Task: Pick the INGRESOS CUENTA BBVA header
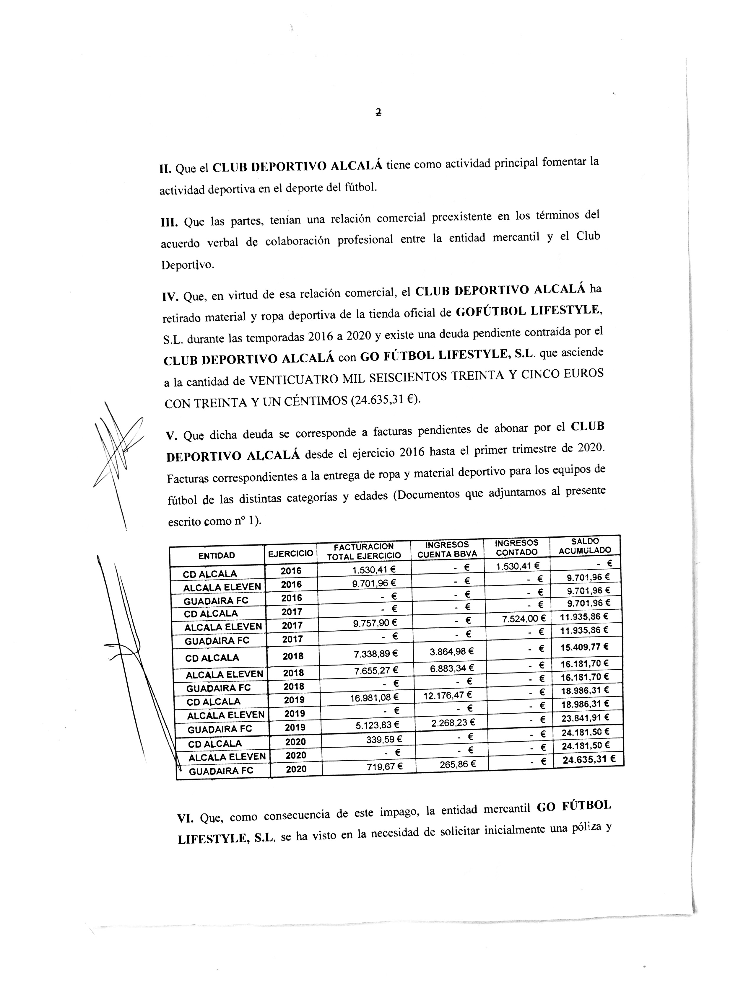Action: [447, 549]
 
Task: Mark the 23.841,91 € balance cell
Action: [585, 717]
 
